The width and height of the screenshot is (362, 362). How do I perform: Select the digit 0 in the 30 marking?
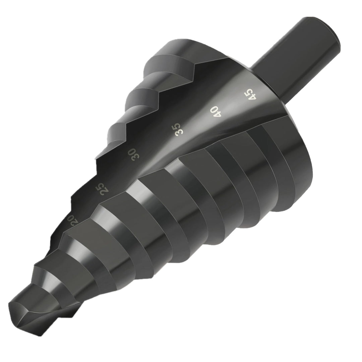136,157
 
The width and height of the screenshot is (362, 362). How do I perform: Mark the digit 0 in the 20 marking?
74,224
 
